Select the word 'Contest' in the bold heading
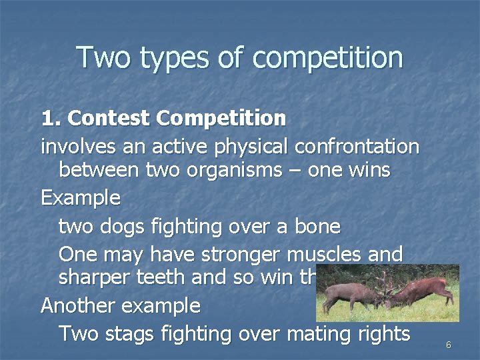(x=109, y=119)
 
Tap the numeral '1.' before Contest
(x=51, y=119)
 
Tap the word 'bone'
(x=317, y=227)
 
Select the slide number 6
(x=448, y=345)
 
